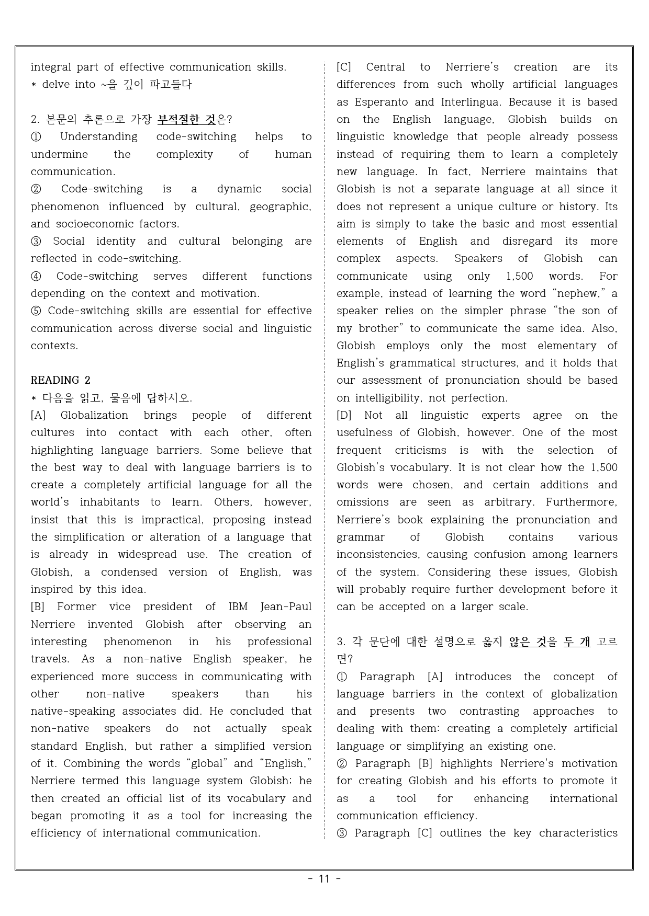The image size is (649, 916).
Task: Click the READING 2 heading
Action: (x=60, y=380)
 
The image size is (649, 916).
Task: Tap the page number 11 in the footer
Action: (x=324, y=879)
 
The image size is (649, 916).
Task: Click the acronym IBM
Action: (x=238, y=606)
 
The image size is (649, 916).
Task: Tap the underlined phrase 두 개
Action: (x=577, y=642)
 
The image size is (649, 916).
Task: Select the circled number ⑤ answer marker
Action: (x=36, y=311)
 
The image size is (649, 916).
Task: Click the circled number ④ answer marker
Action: (x=36, y=276)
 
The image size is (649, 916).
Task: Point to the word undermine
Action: (x=59, y=154)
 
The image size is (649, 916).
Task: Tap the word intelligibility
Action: (x=389, y=398)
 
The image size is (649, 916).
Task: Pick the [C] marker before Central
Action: (x=344, y=67)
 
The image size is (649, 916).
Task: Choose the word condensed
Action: (x=129, y=572)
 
